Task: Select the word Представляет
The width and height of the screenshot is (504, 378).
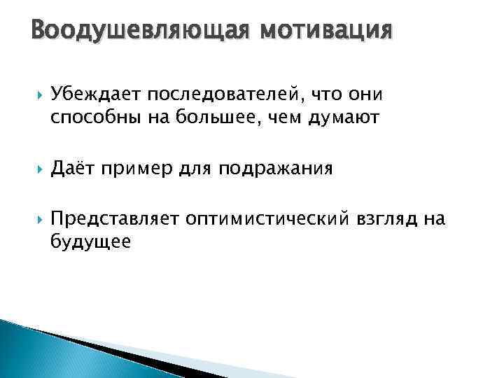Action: coord(104,220)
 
